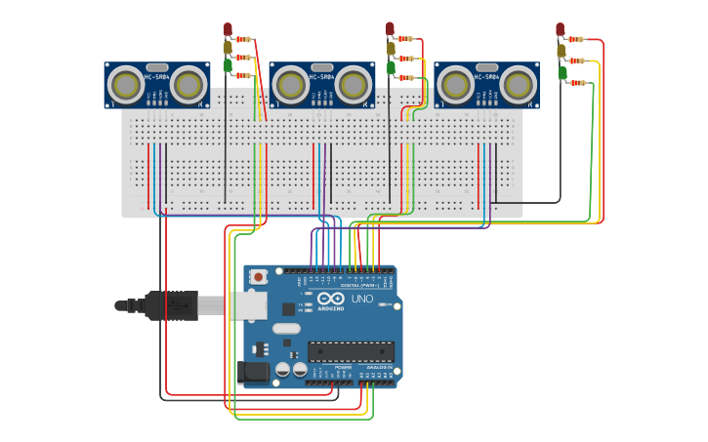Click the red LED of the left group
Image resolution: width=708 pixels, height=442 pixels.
(228, 29)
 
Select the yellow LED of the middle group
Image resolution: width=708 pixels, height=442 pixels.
(391, 48)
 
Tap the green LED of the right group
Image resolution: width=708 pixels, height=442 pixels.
(562, 72)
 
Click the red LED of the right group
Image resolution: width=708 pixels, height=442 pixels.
(560, 29)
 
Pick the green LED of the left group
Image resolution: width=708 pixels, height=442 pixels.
(228, 65)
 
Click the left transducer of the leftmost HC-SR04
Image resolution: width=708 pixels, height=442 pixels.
(125, 86)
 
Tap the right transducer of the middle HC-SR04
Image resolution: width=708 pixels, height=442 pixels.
(354, 86)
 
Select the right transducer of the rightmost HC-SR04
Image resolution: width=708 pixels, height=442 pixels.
(519, 86)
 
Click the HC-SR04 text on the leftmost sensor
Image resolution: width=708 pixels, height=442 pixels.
(157, 76)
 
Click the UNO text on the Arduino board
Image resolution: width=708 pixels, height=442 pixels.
(362, 299)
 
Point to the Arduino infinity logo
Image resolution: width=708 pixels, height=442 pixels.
(330, 299)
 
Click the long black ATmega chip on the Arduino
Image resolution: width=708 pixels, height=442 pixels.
(351, 351)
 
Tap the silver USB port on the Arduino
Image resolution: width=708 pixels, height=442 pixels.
(247, 305)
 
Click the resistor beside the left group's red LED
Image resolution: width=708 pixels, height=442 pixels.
(244, 40)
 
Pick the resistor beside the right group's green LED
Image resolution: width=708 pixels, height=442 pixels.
(578, 83)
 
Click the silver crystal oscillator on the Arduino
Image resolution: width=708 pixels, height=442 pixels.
(286, 329)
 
